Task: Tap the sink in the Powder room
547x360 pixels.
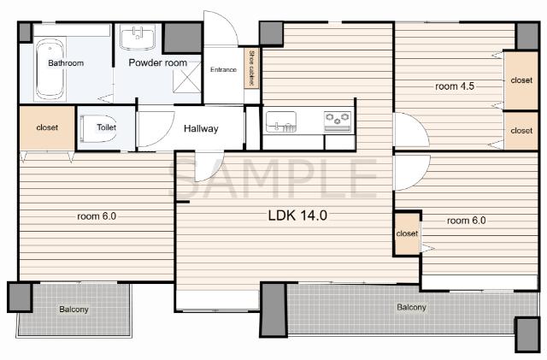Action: (137, 38)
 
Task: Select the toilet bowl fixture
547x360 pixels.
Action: (98, 128)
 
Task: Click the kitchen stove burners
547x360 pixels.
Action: (338, 119)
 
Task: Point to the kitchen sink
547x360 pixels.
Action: (281, 121)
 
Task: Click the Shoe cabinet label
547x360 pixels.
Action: (251, 68)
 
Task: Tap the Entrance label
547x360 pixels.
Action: (223, 69)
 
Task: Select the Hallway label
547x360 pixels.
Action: (201, 128)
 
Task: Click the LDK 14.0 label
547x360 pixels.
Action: (297, 215)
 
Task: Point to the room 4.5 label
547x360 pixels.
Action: (455, 86)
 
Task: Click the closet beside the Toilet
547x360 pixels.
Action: (47, 127)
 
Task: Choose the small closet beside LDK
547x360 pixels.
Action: (407, 233)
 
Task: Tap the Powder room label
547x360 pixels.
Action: (157, 62)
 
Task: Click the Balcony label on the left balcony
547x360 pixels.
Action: (74, 310)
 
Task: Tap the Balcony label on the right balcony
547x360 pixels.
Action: (412, 307)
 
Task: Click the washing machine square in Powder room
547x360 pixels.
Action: (187, 78)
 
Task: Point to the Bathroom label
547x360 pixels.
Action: (66, 63)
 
